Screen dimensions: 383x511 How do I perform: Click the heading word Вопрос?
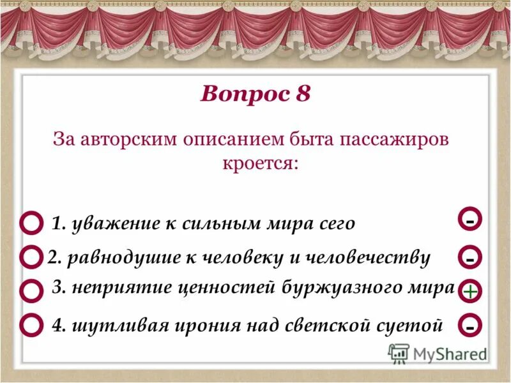[x=236, y=94]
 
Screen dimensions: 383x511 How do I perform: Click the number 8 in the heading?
[x=303, y=94]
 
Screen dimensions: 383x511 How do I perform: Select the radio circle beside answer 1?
[x=31, y=224]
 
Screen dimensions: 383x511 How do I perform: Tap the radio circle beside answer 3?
[x=31, y=290]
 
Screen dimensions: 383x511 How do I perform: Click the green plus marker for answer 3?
[x=469, y=292]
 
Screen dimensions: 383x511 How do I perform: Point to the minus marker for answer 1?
[x=469, y=220]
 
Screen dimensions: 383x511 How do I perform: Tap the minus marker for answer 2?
[x=469, y=259]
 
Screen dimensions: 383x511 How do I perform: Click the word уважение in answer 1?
[x=108, y=223]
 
